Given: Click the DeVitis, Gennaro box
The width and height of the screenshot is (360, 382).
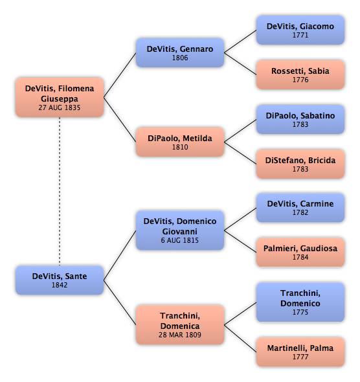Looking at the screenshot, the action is click(180, 52).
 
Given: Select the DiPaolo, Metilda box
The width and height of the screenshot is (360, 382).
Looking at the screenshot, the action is click(180, 142).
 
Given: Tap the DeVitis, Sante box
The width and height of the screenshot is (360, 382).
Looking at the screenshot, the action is click(60, 280).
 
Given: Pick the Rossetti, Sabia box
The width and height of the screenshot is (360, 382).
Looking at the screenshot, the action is click(300, 74).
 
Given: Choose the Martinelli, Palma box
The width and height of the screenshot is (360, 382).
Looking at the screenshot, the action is click(300, 352).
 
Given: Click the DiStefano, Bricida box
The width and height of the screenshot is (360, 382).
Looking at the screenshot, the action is click(300, 164).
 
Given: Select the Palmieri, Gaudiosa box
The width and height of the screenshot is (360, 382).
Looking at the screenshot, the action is click(300, 252).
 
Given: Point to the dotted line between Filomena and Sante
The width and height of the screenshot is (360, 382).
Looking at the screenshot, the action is click(60, 192).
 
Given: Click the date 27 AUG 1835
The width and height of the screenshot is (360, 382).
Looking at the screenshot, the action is click(60, 107).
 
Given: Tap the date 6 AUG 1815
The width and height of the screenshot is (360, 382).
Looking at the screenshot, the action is click(180, 240).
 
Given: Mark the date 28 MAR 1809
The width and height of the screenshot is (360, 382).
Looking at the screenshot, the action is click(180, 335).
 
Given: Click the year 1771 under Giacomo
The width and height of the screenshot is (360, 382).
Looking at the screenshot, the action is click(300, 35).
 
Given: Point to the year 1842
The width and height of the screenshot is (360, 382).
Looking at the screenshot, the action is click(60, 285).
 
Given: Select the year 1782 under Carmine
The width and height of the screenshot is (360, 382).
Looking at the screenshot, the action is click(300, 212).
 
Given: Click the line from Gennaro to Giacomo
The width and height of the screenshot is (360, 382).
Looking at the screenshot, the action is click(240, 41).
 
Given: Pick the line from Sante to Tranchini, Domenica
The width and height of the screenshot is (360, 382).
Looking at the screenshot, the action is click(120, 302).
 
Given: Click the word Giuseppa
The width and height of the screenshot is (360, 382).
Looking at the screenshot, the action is click(60, 98).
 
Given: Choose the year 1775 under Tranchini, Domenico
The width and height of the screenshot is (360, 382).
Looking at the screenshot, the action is click(300, 312).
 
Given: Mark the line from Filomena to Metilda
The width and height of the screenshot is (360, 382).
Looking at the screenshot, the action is click(120, 120).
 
